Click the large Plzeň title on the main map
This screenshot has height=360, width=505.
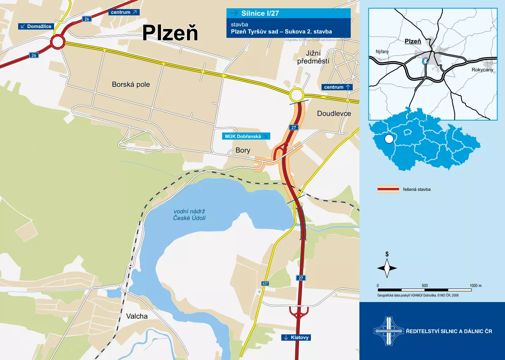170,33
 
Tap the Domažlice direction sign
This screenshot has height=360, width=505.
36,26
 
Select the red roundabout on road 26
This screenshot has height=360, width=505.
57,41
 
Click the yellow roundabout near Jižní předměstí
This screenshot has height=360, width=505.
296,95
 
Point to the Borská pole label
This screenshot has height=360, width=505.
131,84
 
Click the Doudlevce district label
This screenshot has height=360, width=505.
334,114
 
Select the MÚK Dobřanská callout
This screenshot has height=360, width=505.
246,136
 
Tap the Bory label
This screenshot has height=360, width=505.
243,150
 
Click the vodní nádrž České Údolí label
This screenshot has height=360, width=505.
189,215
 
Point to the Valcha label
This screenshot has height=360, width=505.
137,316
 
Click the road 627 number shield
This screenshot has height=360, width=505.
265,284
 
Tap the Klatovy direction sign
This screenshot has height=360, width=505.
296,338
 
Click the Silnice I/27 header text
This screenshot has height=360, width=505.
260,13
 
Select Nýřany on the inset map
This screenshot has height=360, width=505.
382,52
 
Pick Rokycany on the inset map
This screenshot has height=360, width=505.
482,69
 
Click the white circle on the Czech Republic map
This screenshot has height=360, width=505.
389,139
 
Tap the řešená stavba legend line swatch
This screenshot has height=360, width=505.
388,189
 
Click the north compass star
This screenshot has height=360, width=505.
387,268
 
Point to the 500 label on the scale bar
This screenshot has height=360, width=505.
425,286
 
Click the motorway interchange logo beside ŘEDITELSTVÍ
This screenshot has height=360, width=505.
389,331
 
